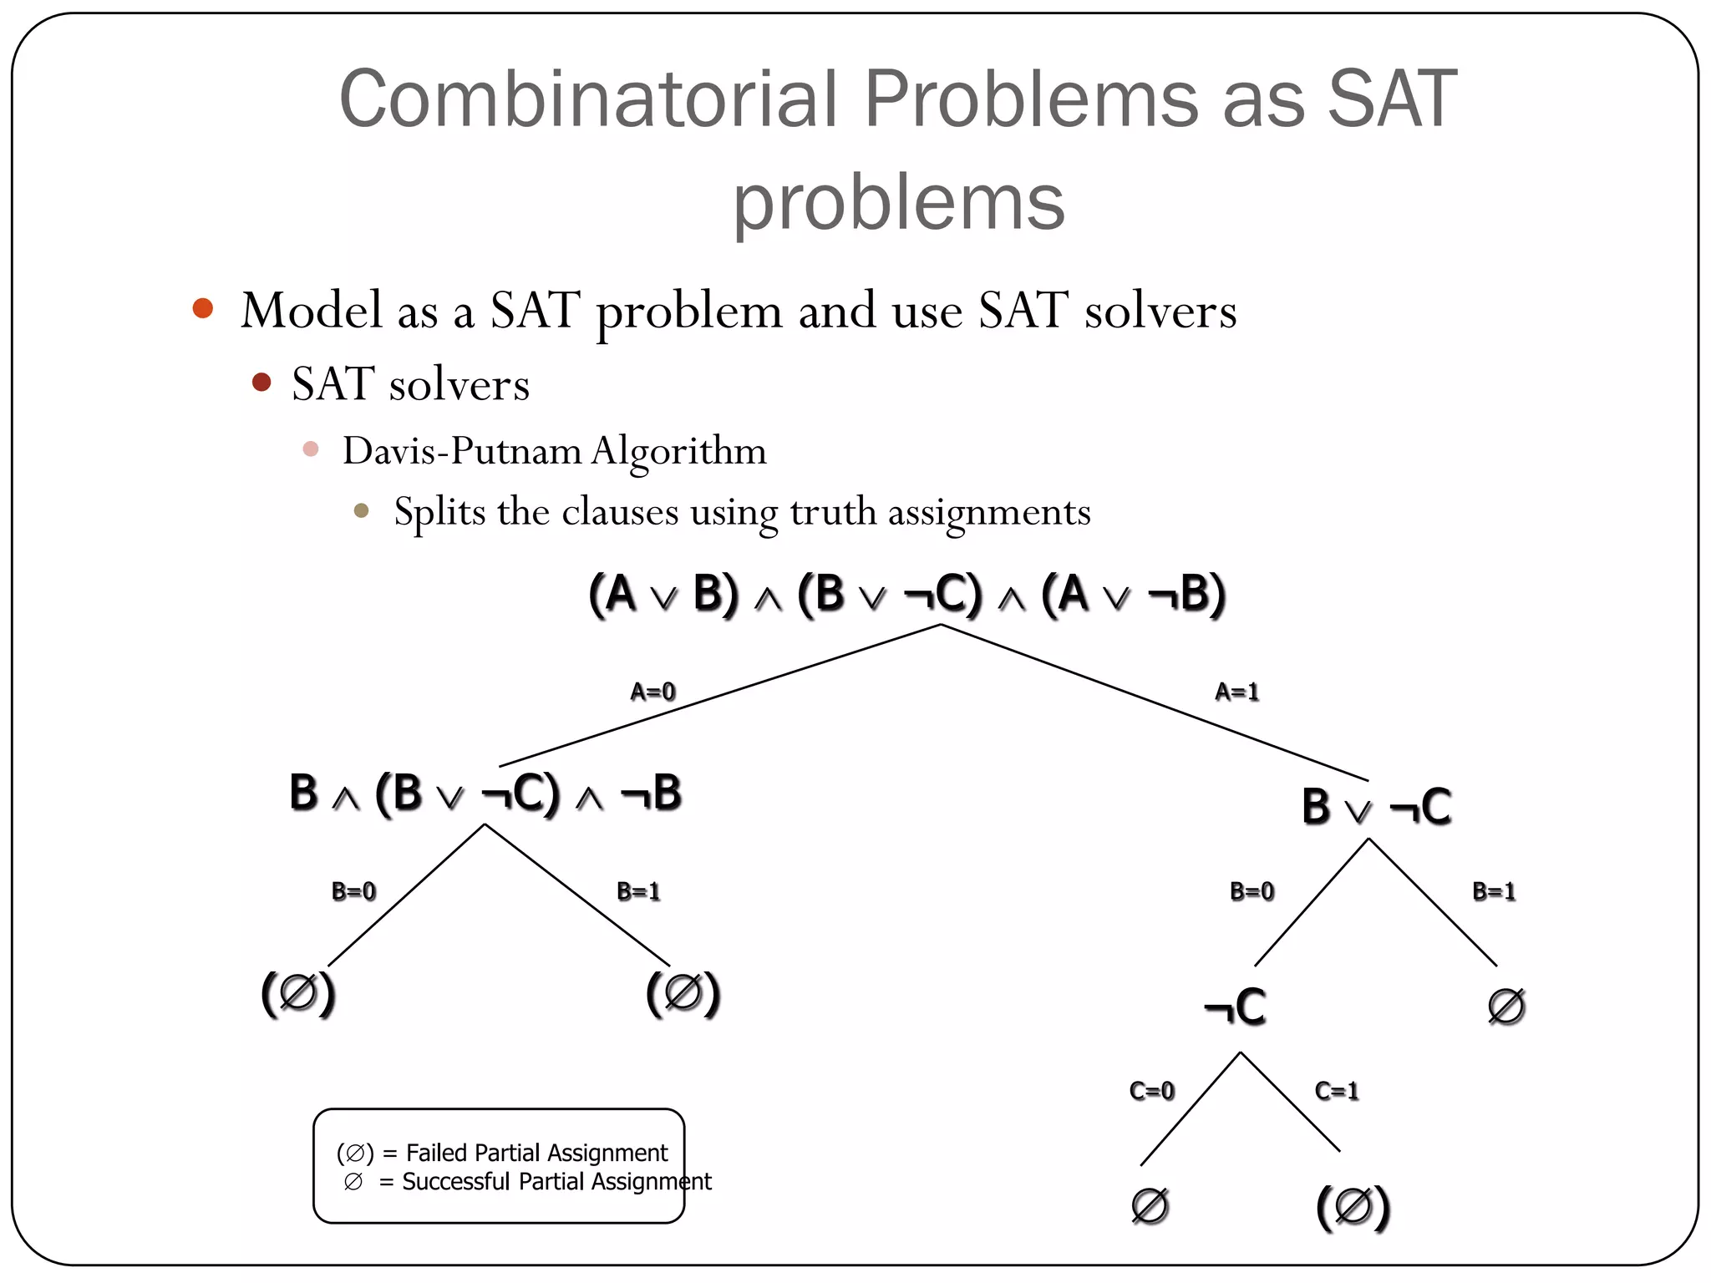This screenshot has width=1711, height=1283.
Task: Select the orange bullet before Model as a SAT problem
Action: tap(203, 308)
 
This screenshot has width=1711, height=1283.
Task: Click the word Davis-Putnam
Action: tap(462, 451)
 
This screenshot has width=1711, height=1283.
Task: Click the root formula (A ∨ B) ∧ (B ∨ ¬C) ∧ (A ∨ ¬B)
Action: tap(906, 595)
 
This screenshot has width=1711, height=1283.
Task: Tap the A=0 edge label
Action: tap(652, 692)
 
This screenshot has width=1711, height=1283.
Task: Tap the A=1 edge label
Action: tap(1236, 692)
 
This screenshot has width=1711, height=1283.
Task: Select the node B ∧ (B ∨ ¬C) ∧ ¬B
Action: tap(485, 794)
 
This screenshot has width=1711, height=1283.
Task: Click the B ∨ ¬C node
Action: tap(1376, 808)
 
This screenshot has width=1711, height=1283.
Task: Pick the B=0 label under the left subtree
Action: tap(353, 891)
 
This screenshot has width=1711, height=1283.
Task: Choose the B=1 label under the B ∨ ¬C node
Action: tap(1494, 891)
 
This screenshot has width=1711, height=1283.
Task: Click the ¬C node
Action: tap(1235, 1007)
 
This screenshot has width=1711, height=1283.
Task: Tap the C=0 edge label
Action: tap(1151, 1091)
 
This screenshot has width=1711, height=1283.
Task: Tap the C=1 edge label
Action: tap(1337, 1091)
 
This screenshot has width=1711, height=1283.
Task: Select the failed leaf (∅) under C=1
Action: tap(1353, 1207)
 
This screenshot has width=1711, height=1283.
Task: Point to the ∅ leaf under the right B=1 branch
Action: tap(1506, 1006)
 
